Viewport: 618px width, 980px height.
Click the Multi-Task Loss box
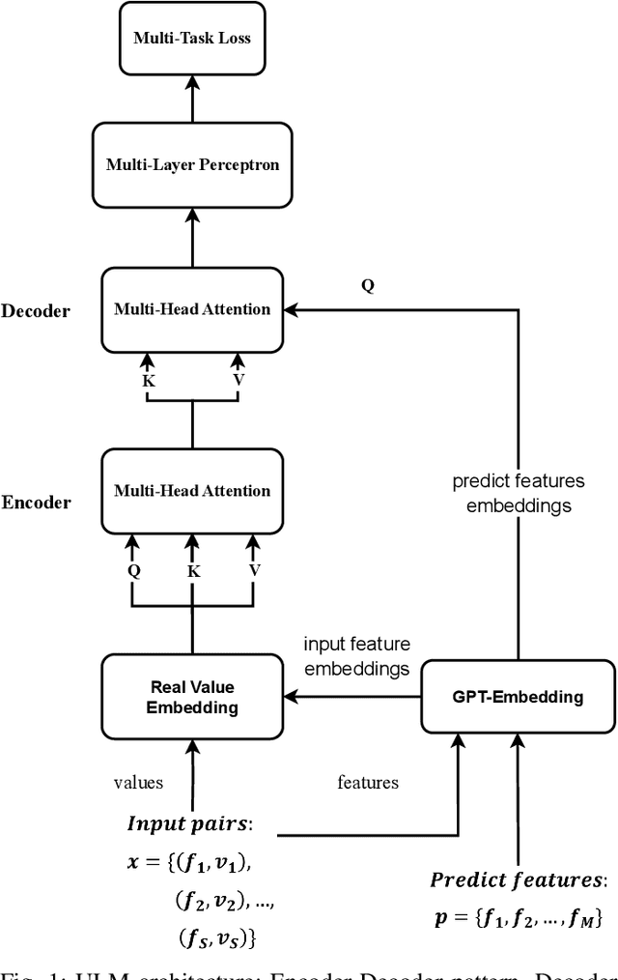tap(192, 39)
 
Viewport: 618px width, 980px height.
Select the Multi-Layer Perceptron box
tap(192, 164)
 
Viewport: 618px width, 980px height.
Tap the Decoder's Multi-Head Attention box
tap(192, 309)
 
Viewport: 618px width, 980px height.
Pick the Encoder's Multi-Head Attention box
tap(192, 491)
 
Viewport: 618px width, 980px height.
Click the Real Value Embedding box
tap(192, 696)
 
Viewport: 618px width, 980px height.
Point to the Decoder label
tap(36, 311)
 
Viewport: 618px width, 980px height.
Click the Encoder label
tap(36, 503)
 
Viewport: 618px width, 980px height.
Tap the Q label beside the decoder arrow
tap(368, 287)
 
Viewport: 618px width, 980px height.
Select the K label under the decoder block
tap(148, 381)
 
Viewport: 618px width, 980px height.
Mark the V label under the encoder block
tap(254, 570)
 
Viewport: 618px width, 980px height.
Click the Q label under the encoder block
tap(133, 570)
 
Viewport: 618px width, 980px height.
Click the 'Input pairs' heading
tap(197, 823)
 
